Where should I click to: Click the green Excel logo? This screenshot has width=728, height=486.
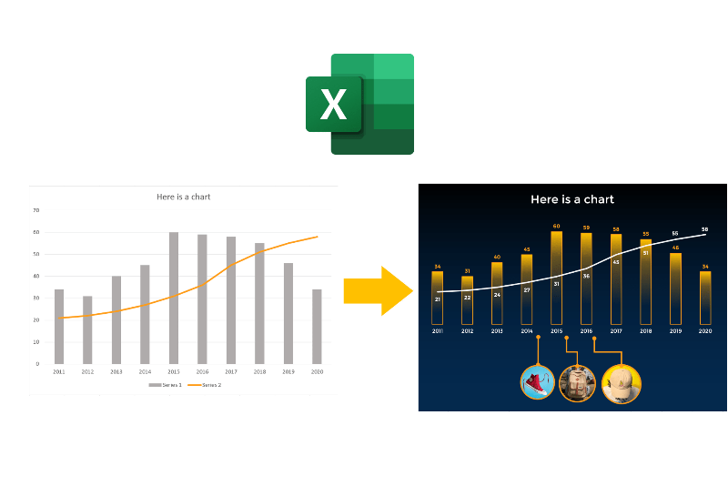pyautogui.click(x=360, y=104)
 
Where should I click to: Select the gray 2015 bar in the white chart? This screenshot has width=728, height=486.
pyautogui.click(x=173, y=298)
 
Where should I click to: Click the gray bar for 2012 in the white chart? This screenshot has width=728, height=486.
pyautogui.click(x=87, y=329)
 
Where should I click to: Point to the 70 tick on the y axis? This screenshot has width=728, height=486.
pyautogui.click(x=36, y=210)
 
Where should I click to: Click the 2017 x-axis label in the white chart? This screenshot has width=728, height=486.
pyautogui.click(x=230, y=372)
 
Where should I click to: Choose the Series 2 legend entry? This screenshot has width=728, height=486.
pyautogui.click(x=207, y=385)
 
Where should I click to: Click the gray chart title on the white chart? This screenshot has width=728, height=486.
pyautogui.click(x=184, y=197)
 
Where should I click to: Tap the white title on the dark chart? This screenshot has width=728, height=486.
pyautogui.click(x=572, y=199)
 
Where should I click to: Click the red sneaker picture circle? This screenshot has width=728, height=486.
pyautogui.click(x=537, y=382)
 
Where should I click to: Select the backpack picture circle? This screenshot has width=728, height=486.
pyautogui.click(x=577, y=383)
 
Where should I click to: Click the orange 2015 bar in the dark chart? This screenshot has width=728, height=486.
pyautogui.click(x=556, y=278)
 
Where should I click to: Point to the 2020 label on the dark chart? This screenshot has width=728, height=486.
pyautogui.click(x=705, y=331)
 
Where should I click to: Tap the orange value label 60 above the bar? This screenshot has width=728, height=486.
pyautogui.click(x=556, y=226)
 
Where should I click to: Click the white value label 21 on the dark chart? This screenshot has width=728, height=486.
pyautogui.click(x=438, y=299)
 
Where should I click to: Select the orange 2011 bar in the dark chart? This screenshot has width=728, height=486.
pyautogui.click(x=438, y=298)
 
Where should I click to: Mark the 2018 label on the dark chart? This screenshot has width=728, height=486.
pyautogui.click(x=645, y=331)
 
